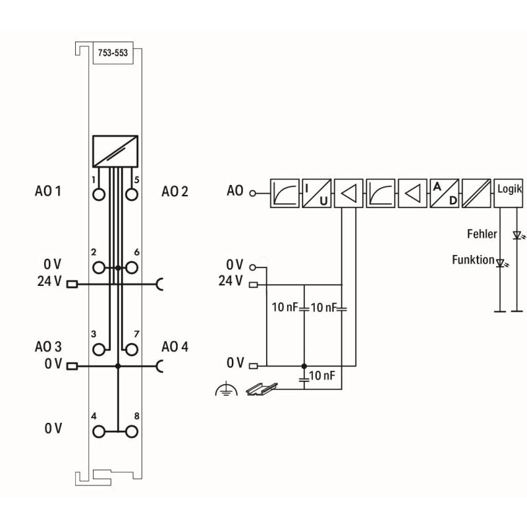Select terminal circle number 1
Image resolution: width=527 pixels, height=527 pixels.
(x=99, y=194)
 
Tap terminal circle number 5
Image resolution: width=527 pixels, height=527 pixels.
(x=131, y=194)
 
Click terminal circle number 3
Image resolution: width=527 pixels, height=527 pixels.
(x=99, y=349)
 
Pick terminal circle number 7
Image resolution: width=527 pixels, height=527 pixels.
(x=131, y=349)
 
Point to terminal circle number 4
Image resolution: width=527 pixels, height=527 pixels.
(x=99, y=431)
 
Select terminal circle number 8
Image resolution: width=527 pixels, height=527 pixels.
(x=131, y=431)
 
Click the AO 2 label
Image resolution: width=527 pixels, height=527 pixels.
(x=175, y=192)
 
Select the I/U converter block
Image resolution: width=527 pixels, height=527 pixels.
(x=316, y=193)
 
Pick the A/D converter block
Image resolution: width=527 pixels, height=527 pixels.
(x=445, y=193)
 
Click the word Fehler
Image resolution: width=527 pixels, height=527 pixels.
(x=482, y=234)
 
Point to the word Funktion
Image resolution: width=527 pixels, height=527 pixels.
(x=473, y=260)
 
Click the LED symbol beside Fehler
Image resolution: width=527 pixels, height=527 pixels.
(x=517, y=235)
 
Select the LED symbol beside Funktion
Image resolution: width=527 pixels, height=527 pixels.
(x=501, y=263)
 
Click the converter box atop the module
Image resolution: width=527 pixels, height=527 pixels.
(x=115, y=151)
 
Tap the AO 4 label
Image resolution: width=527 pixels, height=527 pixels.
(x=175, y=347)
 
